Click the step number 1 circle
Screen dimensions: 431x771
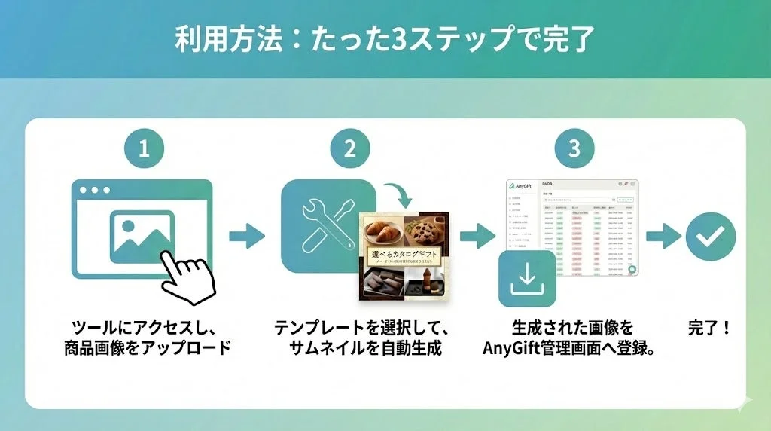pos(144,148)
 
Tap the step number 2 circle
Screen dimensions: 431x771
pos(349,148)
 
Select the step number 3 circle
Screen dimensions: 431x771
pos(574,148)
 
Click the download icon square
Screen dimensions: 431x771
pos(527,278)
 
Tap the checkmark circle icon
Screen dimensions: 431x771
pos(710,237)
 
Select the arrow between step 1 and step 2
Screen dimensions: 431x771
pos(247,237)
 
